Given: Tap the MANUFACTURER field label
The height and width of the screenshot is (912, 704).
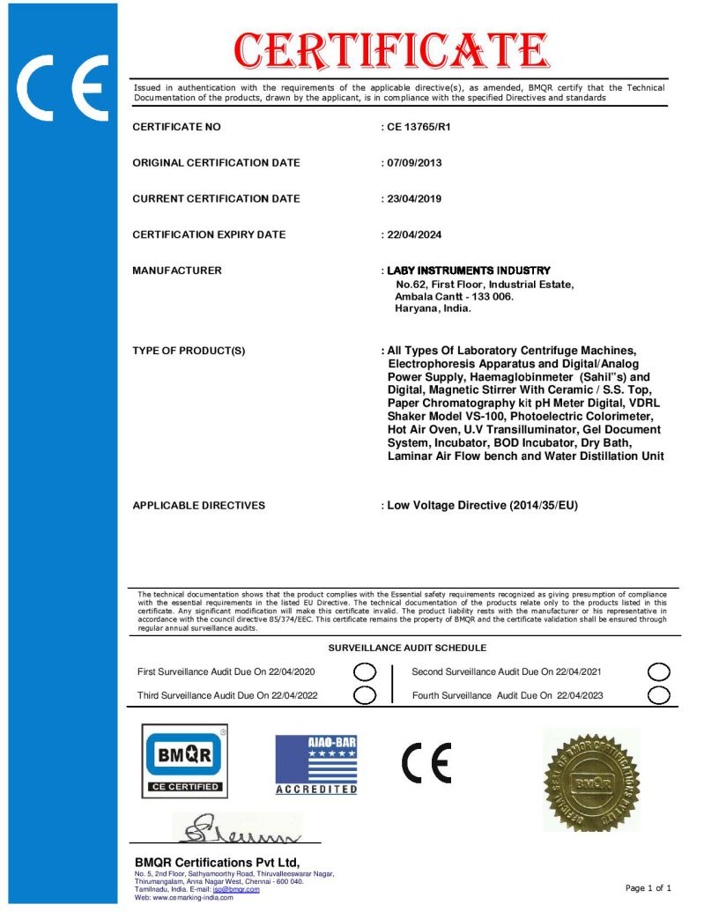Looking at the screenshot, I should click(x=177, y=271).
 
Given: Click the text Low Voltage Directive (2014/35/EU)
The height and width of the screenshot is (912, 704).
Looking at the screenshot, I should click(x=482, y=506).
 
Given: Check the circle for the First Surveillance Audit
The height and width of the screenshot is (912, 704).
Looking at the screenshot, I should click(x=365, y=673).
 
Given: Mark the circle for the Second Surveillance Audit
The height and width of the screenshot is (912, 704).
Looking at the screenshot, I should click(x=658, y=673).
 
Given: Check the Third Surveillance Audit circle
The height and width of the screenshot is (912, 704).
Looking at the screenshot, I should click(x=365, y=695).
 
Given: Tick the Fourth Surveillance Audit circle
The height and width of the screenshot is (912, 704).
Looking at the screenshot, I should click(x=658, y=695).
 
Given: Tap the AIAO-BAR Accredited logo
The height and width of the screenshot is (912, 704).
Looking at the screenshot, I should click(x=316, y=765).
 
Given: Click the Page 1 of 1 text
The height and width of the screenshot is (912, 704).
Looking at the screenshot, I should click(x=648, y=887).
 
